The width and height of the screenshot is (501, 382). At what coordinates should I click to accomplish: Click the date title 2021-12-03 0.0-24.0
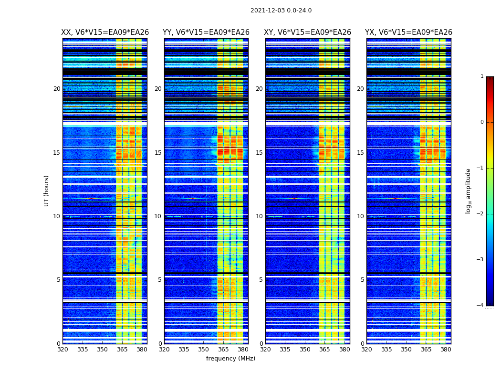tap(281, 11)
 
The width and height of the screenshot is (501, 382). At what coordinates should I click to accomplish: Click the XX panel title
tap(105, 32)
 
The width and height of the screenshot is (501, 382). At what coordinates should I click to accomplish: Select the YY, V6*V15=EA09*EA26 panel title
tap(206, 32)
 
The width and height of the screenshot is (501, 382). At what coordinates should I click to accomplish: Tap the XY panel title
tap(308, 32)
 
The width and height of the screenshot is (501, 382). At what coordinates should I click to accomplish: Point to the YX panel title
tap(409, 32)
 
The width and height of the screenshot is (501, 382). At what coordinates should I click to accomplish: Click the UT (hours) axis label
tap(47, 191)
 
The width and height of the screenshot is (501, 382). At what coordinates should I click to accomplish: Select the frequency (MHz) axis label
tap(230, 359)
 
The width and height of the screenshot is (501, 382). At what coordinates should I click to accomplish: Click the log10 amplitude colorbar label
tap(469, 191)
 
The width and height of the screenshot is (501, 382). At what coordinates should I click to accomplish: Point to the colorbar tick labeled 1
tap(482, 76)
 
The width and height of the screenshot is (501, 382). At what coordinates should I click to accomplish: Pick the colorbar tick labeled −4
tap(480, 306)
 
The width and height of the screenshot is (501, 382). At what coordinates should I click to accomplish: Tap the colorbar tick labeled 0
tap(482, 122)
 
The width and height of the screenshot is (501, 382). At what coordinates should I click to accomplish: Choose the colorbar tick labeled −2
tap(480, 214)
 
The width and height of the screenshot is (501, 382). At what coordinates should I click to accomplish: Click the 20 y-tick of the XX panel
tap(57, 89)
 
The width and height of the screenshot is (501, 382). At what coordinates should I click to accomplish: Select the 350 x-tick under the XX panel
tap(102, 350)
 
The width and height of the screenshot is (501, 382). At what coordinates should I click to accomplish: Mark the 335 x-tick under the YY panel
tap(184, 350)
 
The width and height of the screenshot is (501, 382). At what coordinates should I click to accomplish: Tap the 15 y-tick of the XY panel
tap(259, 153)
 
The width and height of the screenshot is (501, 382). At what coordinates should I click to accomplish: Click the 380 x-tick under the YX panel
tap(446, 350)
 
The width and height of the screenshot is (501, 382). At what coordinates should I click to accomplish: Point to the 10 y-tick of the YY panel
tap(158, 216)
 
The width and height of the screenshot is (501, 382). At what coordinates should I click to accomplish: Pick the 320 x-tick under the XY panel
tap(265, 350)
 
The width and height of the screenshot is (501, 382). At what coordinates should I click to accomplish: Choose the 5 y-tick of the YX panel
tap(362, 280)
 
